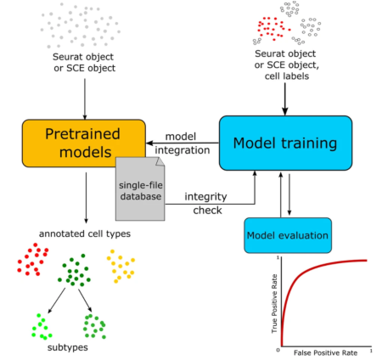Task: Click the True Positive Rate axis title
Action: click(x=272, y=303)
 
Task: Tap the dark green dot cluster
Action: click(x=76, y=272)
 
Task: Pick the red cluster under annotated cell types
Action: click(x=32, y=260)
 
